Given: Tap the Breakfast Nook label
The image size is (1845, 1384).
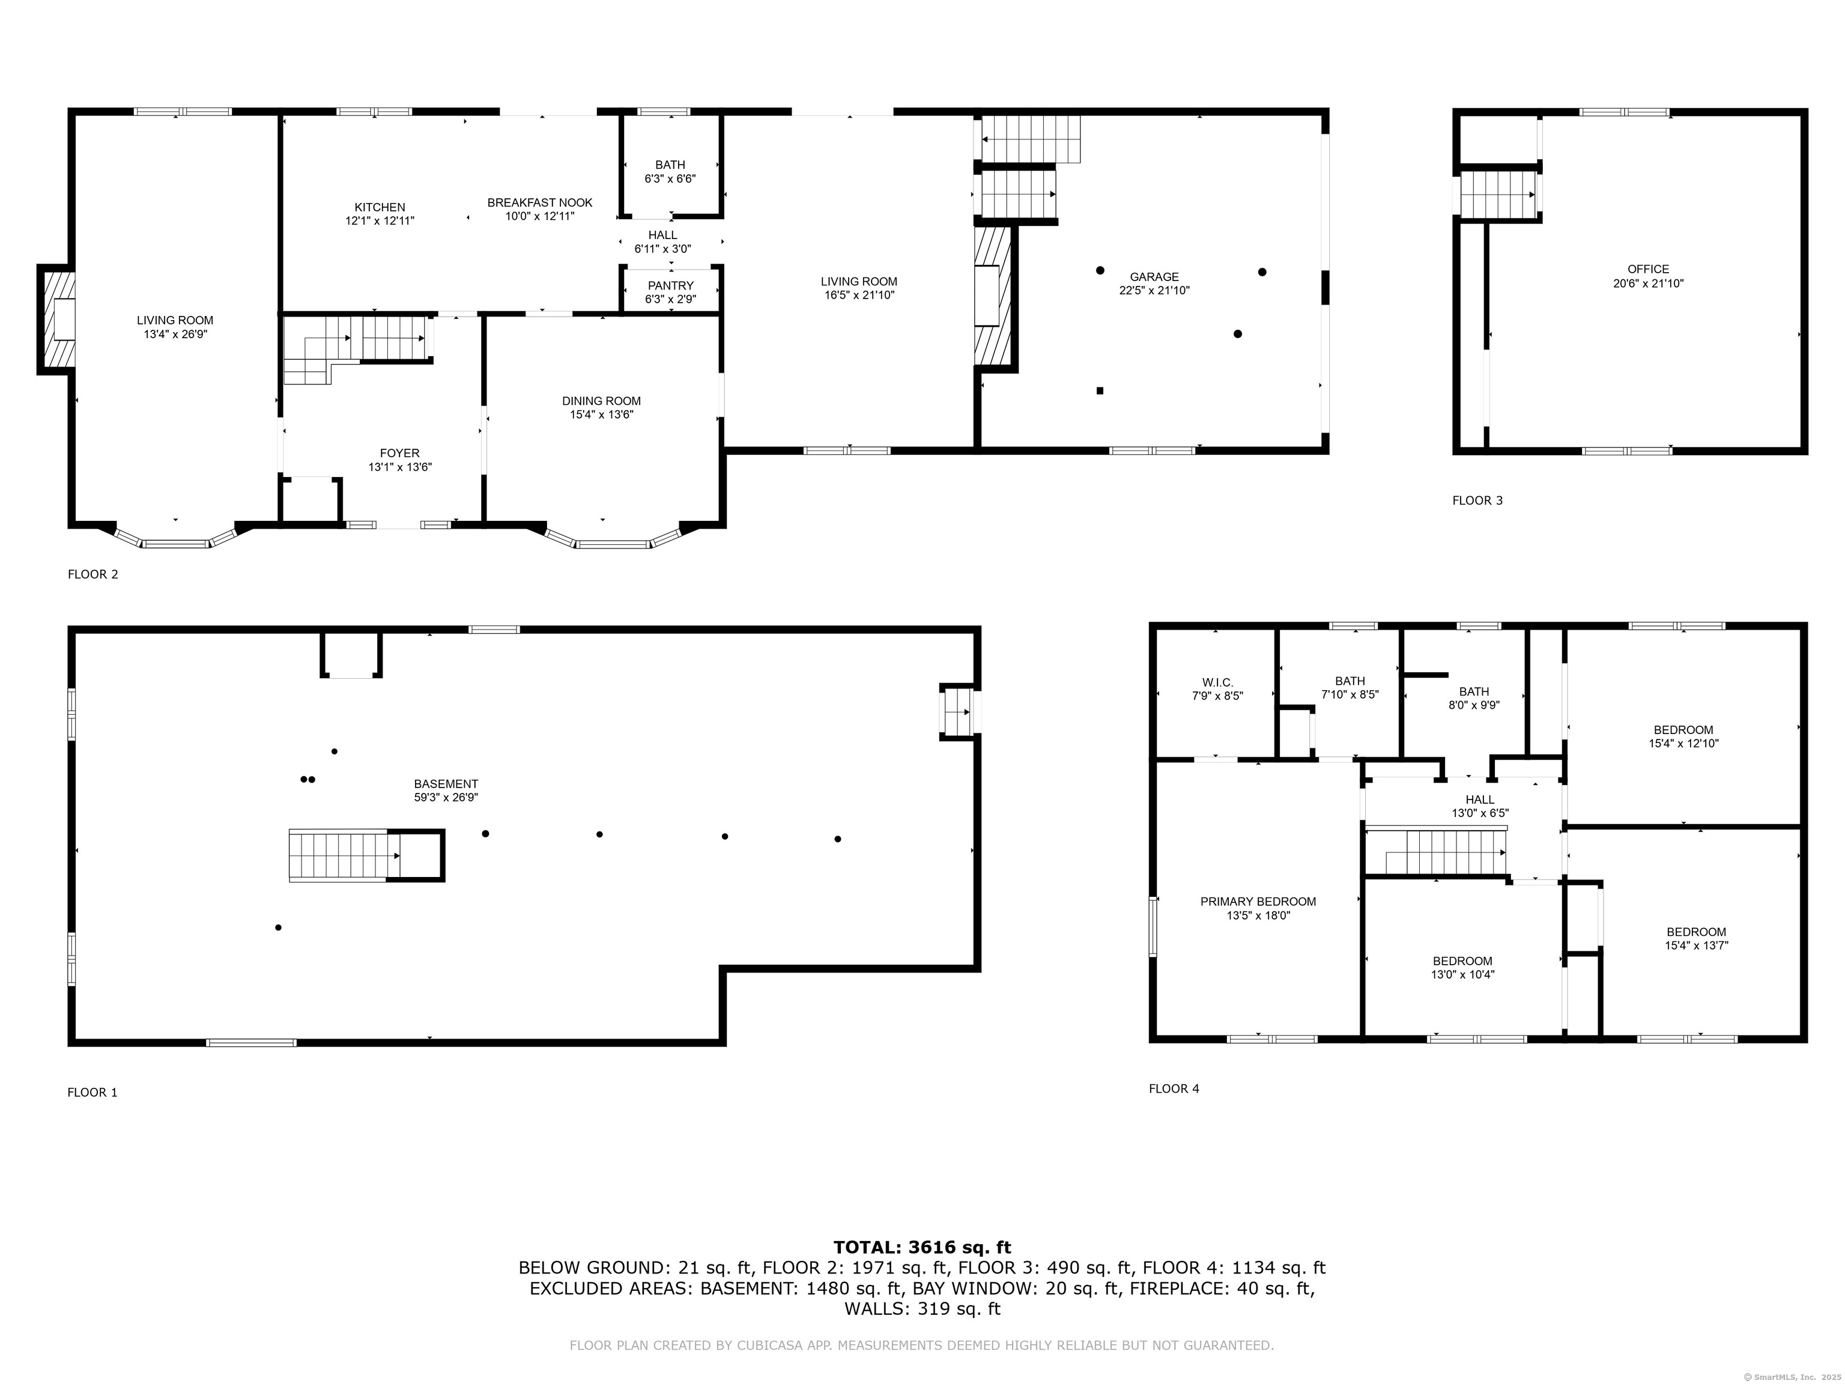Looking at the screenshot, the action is click(540, 202).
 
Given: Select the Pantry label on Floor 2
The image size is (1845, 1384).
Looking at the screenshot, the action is click(671, 286).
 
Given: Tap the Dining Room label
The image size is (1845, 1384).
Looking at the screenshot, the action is click(601, 401).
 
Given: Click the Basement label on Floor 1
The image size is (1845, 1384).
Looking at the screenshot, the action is click(446, 784).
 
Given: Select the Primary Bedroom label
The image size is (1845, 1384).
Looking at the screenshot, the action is click(1258, 902).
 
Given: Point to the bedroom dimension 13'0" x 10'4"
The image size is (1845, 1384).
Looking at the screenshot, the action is click(1463, 974).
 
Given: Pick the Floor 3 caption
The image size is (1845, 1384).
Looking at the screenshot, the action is click(1477, 500).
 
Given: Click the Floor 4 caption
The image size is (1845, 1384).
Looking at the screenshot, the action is click(1174, 1088).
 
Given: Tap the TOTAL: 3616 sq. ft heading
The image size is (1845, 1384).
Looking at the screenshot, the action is click(922, 1247).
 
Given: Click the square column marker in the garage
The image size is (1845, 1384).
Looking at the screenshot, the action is click(1100, 390).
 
